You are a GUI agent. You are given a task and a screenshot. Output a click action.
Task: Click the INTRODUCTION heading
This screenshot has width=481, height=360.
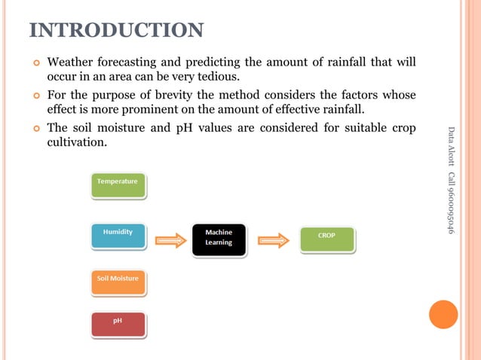click(x=116, y=31)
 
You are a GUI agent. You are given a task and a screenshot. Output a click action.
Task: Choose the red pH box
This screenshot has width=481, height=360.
click(x=118, y=323)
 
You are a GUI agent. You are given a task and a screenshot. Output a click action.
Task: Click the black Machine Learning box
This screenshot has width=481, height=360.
click(x=219, y=239)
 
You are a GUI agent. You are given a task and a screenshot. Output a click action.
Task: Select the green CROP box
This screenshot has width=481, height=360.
click(x=326, y=239)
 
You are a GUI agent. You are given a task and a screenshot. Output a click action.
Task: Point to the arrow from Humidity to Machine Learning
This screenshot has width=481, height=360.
click(x=170, y=240)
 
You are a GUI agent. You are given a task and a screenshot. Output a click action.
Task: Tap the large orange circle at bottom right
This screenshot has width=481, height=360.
click(x=443, y=314)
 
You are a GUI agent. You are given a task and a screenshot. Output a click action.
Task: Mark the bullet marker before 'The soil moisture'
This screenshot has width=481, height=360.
click(x=35, y=128)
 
